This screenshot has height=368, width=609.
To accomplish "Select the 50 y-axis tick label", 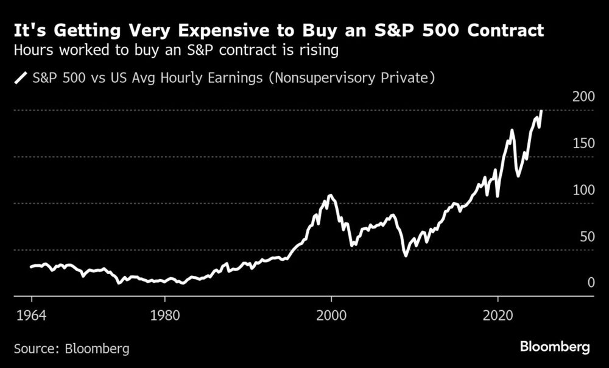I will [x=586, y=236].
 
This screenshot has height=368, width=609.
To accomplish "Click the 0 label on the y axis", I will [x=590, y=282].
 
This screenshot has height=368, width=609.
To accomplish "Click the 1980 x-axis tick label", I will [x=164, y=317].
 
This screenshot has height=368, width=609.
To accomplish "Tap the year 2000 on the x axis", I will [x=332, y=317].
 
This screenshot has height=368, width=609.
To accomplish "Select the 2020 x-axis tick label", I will [x=499, y=317].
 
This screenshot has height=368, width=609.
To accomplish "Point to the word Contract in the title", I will [x=505, y=30].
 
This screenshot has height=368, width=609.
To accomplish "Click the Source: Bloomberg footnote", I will [x=72, y=349].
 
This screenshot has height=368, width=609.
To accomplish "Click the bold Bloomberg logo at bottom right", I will [x=554, y=347].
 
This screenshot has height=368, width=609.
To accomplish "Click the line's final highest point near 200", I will [x=542, y=111].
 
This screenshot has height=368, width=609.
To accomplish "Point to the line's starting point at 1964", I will [x=31, y=267].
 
